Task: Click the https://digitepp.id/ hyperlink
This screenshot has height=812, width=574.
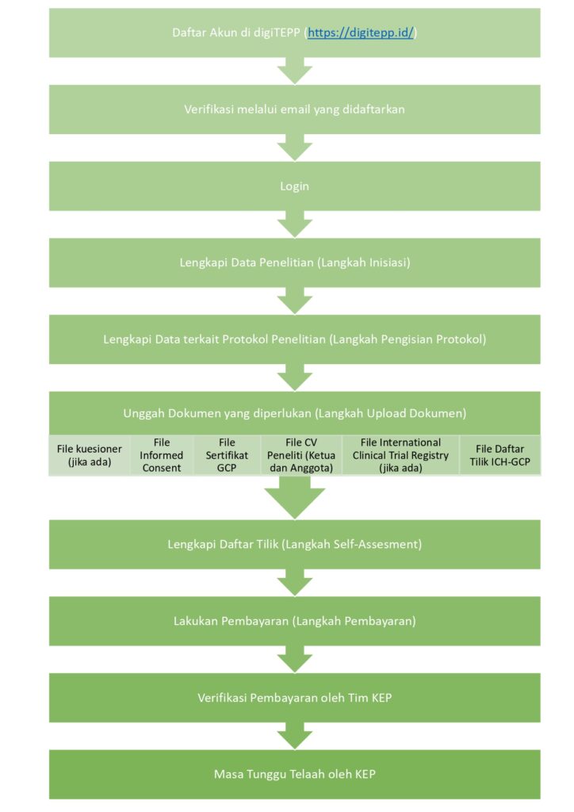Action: (361, 33)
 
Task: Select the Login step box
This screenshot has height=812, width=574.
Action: (294, 186)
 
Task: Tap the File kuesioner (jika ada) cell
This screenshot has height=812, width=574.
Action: (90, 455)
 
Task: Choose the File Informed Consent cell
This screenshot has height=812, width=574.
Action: (162, 455)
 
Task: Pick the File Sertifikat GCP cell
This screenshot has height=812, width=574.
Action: (227, 455)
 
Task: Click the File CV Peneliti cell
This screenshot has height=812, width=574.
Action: (301, 455)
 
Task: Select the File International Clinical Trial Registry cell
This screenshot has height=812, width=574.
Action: (400, 455)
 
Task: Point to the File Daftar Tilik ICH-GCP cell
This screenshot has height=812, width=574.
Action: (500, 455)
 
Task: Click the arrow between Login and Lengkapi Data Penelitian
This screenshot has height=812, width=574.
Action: (294, 224)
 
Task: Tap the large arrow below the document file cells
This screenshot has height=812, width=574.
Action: (294, 497)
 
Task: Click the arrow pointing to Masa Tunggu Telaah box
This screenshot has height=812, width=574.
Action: (294, 736)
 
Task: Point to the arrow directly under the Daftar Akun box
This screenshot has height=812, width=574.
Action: (294, 71)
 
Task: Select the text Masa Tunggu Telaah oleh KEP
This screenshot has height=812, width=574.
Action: (294, 774)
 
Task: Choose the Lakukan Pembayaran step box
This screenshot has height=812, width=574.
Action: (294, 621)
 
